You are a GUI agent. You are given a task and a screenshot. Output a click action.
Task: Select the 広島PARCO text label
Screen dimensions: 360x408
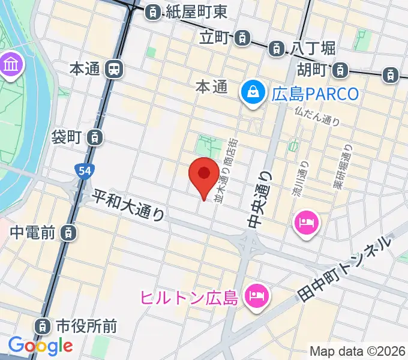(314, 94)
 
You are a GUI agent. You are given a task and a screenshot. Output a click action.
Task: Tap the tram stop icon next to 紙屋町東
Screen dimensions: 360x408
(154, 11)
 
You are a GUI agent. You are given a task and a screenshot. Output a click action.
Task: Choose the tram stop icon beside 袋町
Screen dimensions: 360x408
(94, 137)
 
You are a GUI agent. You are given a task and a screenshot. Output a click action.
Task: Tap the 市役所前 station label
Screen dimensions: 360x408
(86, 326)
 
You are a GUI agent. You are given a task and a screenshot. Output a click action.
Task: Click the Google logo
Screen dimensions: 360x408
(40, 346)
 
